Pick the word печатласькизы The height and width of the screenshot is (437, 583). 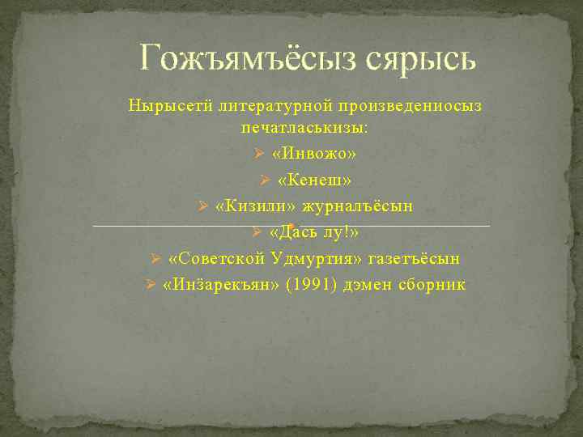[304, 128]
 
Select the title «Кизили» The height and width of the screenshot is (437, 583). [244, 206]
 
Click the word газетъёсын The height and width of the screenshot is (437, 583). [414, 258]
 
